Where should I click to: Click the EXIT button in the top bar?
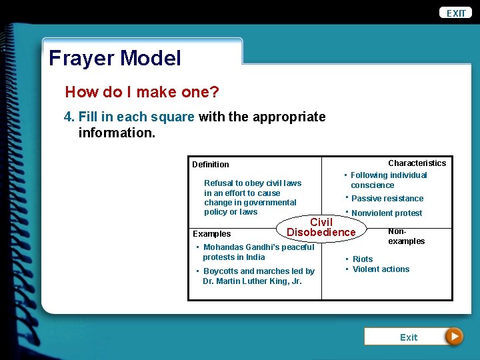pos(456,13)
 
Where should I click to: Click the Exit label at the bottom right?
pos(408,337)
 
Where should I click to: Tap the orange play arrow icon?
pos(454,337)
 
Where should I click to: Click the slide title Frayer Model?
pos(115,58)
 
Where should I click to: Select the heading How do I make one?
pos(141,92)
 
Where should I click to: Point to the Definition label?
pos(210,165)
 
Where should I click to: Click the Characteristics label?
pos(417,163)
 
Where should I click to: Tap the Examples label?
pos(211,234)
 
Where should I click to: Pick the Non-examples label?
pos(406,236)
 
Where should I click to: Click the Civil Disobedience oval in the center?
pos(321,227)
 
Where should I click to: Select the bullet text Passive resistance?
pos(387,199)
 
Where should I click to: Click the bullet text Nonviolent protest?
pos(386,213)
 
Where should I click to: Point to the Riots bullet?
pos(362,259)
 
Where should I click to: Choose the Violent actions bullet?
pos(381,269)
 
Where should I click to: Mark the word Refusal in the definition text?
pos(218,183)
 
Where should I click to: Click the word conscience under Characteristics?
pos(372,185)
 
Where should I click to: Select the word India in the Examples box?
pos(255,257)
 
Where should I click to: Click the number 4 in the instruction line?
pos(67,117)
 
